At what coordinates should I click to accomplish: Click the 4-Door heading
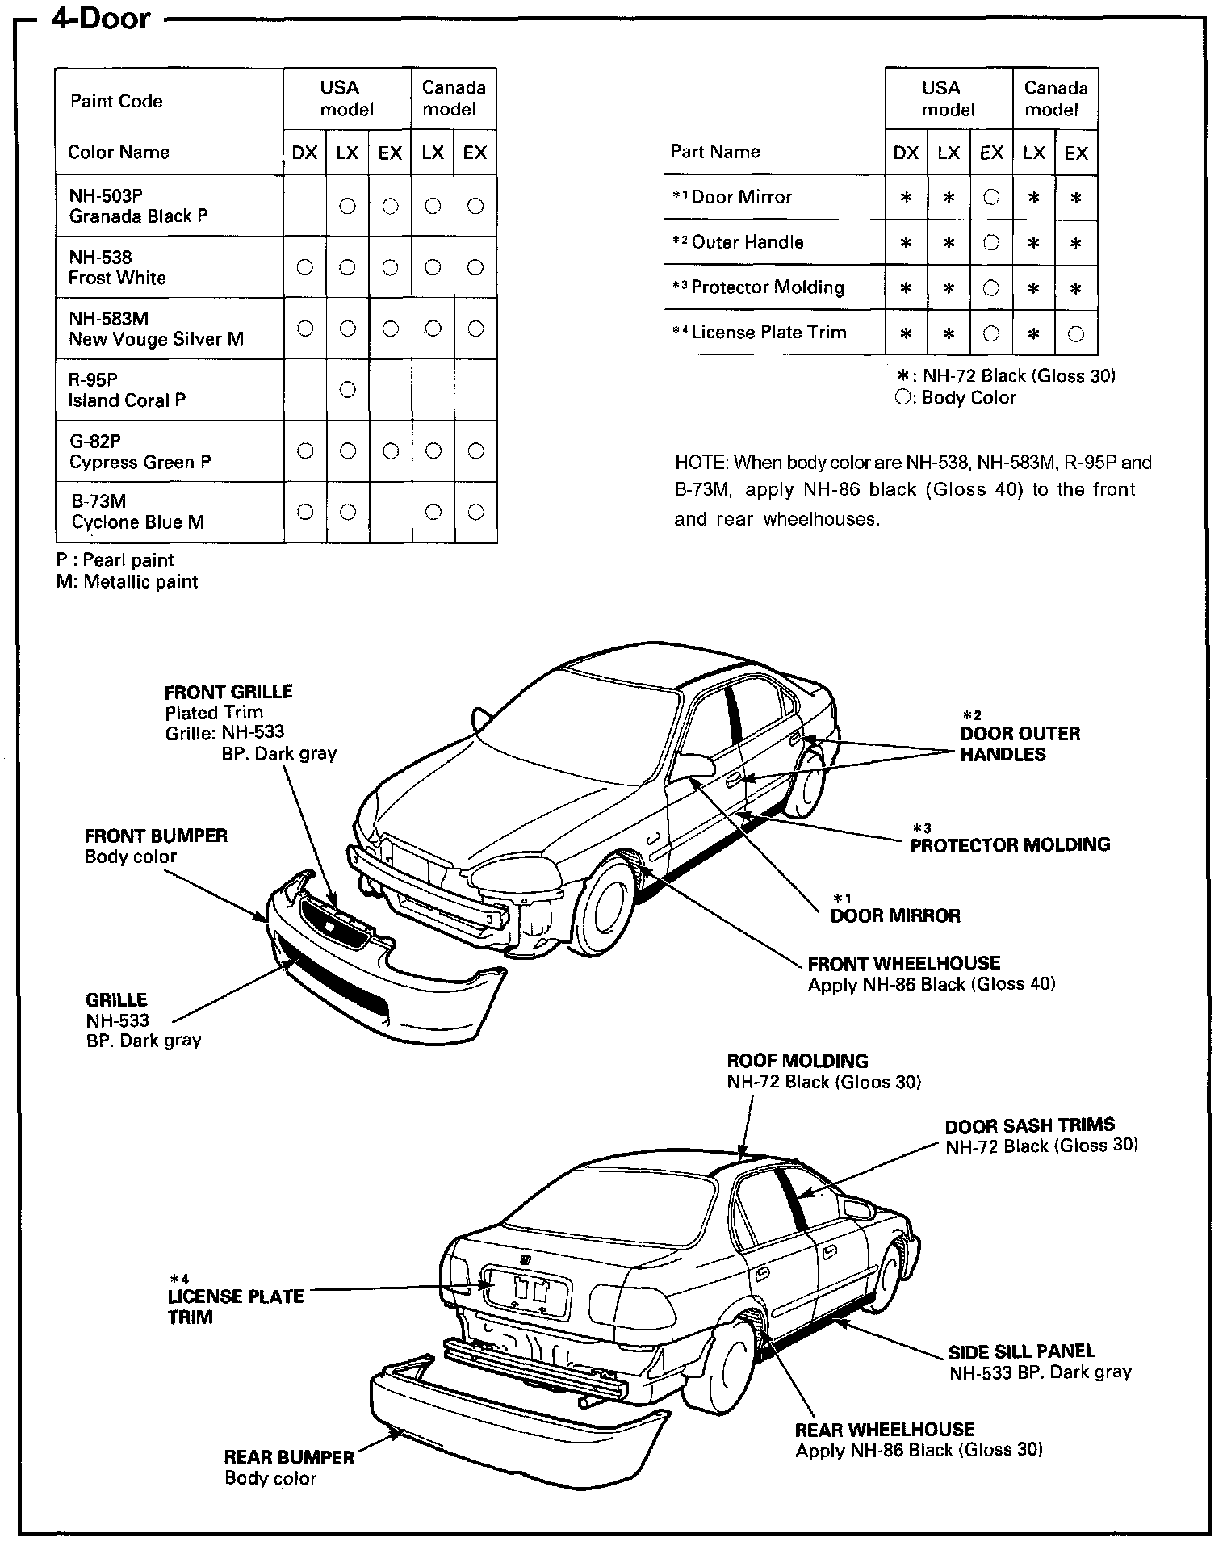click(101, 19)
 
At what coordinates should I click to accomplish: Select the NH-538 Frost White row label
click(117, 267)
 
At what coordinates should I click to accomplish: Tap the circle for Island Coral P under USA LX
click(348, 390)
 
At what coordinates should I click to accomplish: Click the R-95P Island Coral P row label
click(127, 390)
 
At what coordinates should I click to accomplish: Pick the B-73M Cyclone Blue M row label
click(137, 512)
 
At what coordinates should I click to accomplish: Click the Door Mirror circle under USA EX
click(992, 198)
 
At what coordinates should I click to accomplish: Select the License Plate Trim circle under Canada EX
click(1076, 333)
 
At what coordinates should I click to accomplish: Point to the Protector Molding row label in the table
click(767, 287)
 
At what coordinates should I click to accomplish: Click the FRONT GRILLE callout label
click(228, 692)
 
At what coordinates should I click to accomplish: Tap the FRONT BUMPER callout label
click(156, 836)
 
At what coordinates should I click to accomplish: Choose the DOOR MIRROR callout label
click(895, 915)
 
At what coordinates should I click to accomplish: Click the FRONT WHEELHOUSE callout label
click(903, 963)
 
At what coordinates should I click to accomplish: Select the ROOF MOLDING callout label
click(797, 1061)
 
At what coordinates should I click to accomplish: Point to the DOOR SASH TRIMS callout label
click(1029, 1125)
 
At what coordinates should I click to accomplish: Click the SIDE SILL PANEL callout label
click(1021, 1351)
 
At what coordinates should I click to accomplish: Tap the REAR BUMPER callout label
click(289, 1457)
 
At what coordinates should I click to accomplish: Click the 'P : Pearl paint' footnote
click(115, 560)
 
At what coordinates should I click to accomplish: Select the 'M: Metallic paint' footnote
click(127, 582)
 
